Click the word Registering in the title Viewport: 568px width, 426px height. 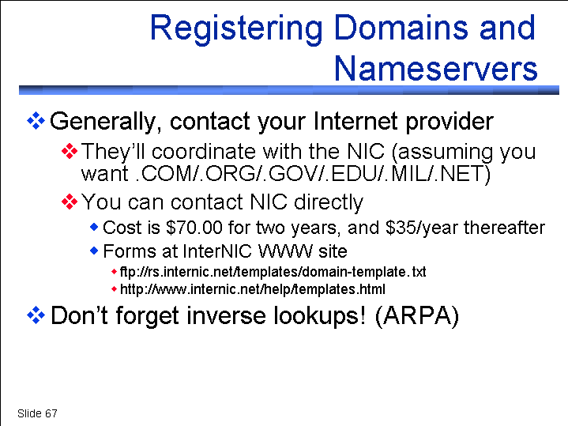coord(236,30)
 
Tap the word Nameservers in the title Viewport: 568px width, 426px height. coord(436,69)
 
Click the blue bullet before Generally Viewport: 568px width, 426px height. coord(36,121)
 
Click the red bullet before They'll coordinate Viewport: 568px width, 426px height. coord(70,151)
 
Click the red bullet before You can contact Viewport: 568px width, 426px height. coord(70,202)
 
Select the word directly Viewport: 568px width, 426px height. coord(328,202)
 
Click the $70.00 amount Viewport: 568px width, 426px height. coord(194,228)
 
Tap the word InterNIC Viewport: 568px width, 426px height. coord(217,251)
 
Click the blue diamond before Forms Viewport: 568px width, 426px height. coord(94,251)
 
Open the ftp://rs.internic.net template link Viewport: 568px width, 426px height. coord(273,272)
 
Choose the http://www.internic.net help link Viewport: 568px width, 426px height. coord(253,289)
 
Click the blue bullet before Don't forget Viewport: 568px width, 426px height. coord(36,315)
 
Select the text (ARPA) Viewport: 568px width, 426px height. coord(417,316)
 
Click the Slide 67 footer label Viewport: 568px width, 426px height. coord(37,413)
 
